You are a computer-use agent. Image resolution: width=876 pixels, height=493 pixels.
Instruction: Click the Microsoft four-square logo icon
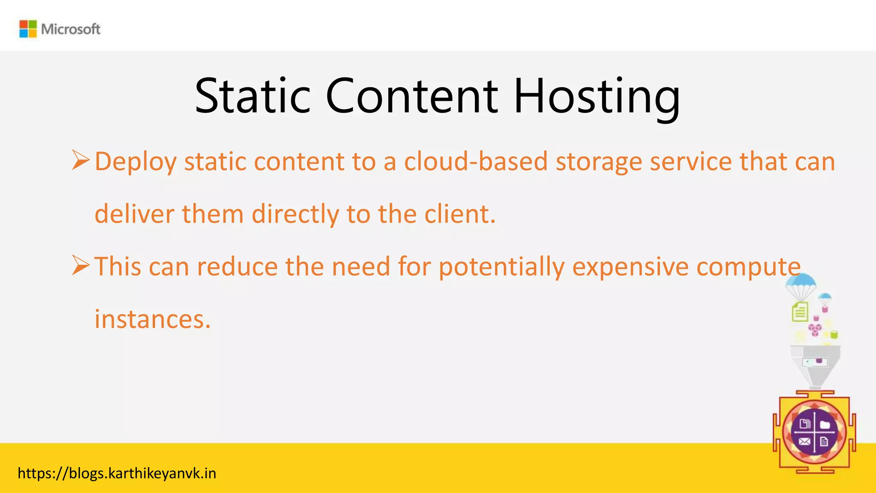(x=28, y=29)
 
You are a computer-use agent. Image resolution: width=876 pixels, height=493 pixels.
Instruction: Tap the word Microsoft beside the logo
(x=71, y=29)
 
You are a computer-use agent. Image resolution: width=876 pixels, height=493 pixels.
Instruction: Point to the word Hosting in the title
(x=597, y=98)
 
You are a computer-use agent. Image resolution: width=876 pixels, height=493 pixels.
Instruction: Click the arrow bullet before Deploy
(x=80, y=160)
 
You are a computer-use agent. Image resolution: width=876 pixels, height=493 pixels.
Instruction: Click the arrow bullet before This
(x=80, y=265)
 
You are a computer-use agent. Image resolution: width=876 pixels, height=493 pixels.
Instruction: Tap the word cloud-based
(x=476, y=162)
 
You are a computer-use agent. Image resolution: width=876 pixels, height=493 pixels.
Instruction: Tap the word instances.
(x=153, y=319)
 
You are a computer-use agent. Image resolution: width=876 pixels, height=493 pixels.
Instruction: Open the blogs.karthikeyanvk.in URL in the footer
(x=117, y=473)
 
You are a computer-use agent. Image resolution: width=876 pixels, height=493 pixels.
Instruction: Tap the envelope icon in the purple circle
(x=804, y=442)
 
